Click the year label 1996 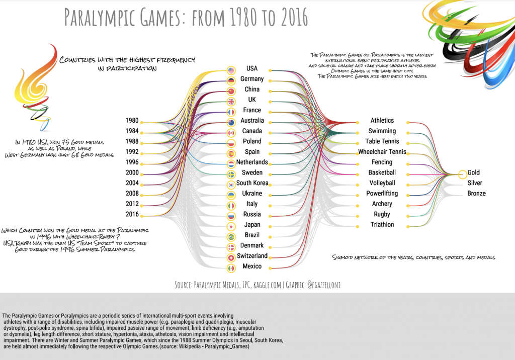(x=132, y=162)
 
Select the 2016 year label (x=132, y=215)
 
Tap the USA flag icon (x=231, y=70)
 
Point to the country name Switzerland (x=252, y=256)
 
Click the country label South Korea (x=252, y=183)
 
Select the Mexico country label (x=252, y=266)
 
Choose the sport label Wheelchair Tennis (x=382, y=152)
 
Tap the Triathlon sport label (x=382, y=225)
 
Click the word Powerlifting (x=382, y=194)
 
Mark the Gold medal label (x=474, y=173)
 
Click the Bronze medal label (x=476, y=194)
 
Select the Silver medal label (x=475, y=183)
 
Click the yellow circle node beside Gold (x=462, y=174)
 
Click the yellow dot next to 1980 (x=143, y=122)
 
